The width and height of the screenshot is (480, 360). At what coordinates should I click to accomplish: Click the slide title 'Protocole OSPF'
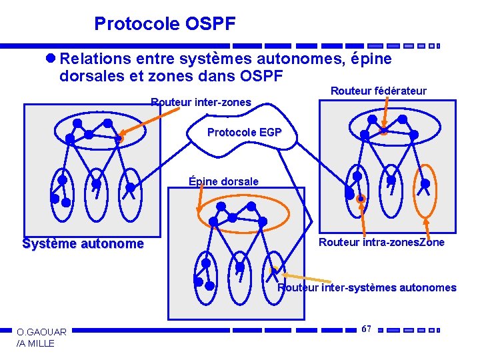[165, 25]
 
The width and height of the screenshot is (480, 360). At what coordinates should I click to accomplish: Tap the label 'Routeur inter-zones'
[201, 103]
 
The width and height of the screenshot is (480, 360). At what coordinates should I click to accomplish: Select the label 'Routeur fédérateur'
[378, 91]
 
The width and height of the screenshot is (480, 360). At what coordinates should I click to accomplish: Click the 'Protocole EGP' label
[244, 133]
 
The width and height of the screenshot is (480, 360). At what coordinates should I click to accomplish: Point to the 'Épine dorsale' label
[223, 181]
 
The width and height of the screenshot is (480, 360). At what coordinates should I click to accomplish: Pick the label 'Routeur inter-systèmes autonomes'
[367, 288]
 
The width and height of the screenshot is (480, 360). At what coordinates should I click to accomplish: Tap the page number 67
[366, 329]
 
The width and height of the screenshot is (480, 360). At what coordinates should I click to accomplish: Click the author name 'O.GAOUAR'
[41, 332]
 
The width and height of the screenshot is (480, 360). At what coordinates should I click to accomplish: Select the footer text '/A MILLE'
[35, 343]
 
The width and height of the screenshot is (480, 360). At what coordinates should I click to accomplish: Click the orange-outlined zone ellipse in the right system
[424, 188]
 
